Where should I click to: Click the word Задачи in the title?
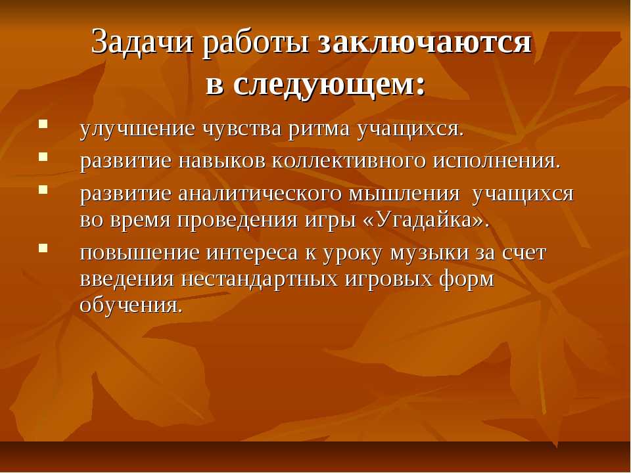click(x=142, y=41)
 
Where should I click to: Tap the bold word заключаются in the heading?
click(x=425, y=42)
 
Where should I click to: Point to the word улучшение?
click(x=137, y=129)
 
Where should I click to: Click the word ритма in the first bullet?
click(x=319, y=129)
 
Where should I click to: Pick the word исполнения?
click(x=496, y=162)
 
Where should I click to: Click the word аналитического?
click(x=260, y=194)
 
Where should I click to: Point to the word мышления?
click(x=403, y=194)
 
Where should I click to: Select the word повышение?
click(x=139, y=253)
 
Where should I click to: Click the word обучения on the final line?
click(x=131, y=305)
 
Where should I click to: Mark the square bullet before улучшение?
click(x=43, y=123)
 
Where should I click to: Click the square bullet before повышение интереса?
click(x=43, y=248)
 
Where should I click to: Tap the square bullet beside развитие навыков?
click(x=43, y=156)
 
